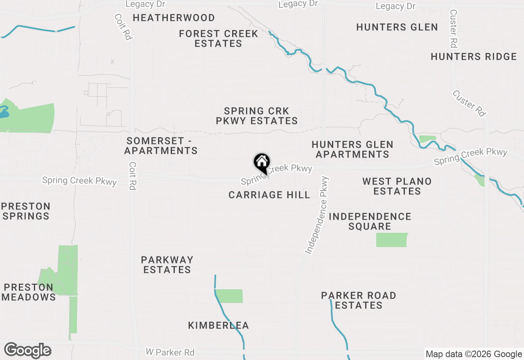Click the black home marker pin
tap(262, 162)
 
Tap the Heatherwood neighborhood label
tap(174, 18)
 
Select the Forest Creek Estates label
tap(219, 38)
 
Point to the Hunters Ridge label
tap(474, 57)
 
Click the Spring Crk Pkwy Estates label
tap(257, 116)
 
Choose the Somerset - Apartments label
tap(161, 146)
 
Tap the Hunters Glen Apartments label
tap(352, 149)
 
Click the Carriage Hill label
tap(269, 195)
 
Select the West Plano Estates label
tap(397, 186)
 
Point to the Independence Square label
tap(370, 221)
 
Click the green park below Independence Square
tap(392, 240)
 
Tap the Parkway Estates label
tap(167, 265)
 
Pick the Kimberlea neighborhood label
tap(219, 326)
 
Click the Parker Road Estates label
tap(359, 300)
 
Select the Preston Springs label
tap(25, 211)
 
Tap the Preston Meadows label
tap(29, 292)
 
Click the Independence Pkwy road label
tap(317, 215)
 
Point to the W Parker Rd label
tap(170, 352)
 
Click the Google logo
tap(27, 351)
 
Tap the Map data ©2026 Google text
tap(474, 354)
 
